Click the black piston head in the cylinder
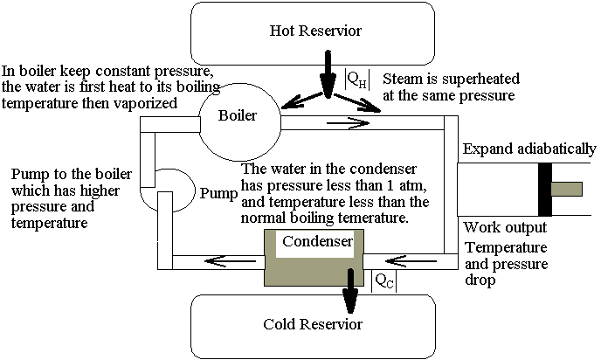[x=545, y=189]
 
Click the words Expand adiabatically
[x=529, y=148]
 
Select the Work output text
[x=504, y=227]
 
